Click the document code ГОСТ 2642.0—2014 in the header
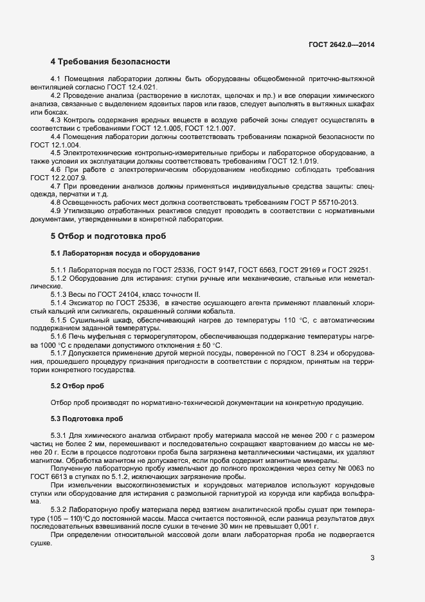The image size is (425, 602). pyautogui.click(x=342, y=44)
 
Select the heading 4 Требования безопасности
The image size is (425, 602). pyautogui.click(x=110, y=62)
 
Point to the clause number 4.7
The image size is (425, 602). pyautogui.click(x=56, y=186)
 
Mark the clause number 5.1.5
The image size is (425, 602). pyautogui.click(x=59, y=320)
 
